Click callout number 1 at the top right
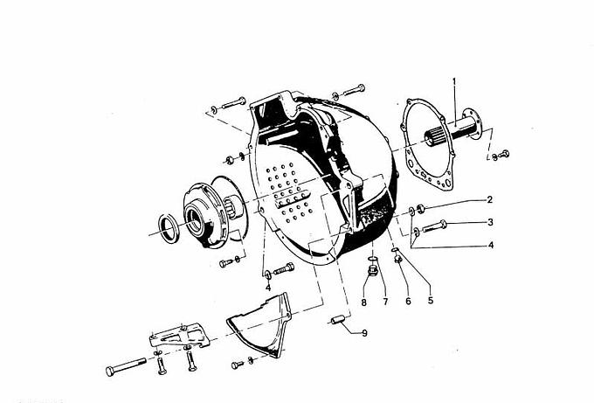(x=454, y=81)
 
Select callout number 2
(x=489, y=200)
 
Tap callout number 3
(x=490, y=222)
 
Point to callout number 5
(x=431, y=300)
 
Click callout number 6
(x=408, y=301)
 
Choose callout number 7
(x=385, y=302)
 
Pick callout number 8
(x=363, y=302)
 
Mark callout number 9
(x=364, y=333)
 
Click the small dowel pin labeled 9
(x=338, y=320)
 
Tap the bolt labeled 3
(x=434, y=226)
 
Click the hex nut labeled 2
(x=420, y=208)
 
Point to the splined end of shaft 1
(x=434, y=136)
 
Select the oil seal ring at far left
(x=169, y=228)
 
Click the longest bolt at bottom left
(x=126, y=366)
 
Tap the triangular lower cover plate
(x=260, y=327)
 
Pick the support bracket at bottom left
(x=180, y=336)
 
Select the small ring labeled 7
(x=373, y=259)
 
